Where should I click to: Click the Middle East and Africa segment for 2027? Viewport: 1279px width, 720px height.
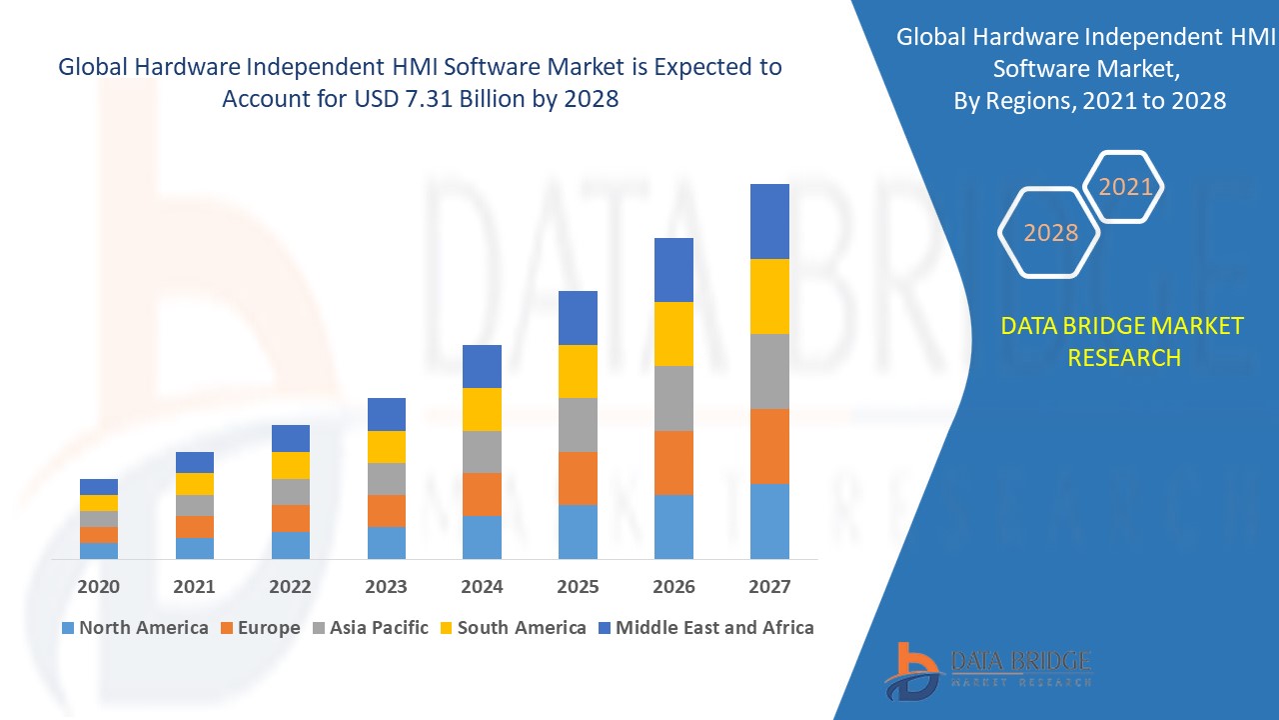[769, 221]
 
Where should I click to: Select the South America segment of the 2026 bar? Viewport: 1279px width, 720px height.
[673, 333]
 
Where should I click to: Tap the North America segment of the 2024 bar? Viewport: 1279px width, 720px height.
[482, 537]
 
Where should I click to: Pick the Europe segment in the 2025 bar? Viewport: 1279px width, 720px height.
[578, 478]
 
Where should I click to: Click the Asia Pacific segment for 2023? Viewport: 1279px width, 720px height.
[387, 478]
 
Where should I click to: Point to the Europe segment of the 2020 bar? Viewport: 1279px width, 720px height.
[99, 535]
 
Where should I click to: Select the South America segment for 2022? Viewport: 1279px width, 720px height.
[291, 465]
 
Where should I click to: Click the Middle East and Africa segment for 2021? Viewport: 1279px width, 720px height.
[195, 462]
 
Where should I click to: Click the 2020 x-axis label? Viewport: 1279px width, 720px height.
[99, 587]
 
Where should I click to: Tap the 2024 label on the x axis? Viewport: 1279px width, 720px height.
[482, 587]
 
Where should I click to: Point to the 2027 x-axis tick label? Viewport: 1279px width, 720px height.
[769, 587]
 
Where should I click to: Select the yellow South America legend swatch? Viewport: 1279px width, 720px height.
[446, 629]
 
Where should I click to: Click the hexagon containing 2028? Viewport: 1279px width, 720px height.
[1050, 233]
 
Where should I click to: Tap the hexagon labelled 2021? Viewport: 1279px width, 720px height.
[1125, 187]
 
